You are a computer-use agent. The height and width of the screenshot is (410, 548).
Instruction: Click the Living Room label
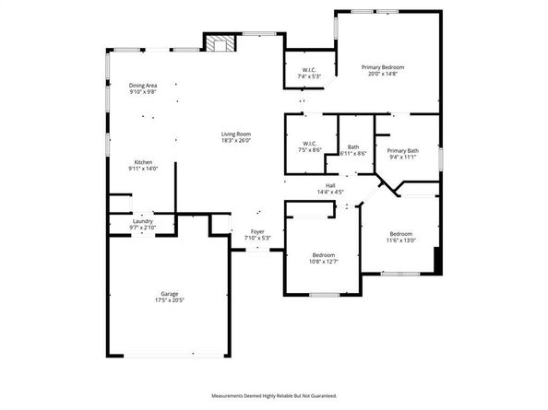coord(235,135)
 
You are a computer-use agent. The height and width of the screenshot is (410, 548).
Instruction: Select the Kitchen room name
coord(142,162)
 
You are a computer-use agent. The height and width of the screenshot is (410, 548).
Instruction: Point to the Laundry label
coord(142,220)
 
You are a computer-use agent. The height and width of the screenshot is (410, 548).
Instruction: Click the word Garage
coord(167,294)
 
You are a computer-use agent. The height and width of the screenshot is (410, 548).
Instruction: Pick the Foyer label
coord(257,232)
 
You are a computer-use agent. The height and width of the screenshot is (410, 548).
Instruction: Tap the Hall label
coord(329,185)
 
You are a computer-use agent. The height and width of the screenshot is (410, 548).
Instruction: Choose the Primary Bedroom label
coord(382,67)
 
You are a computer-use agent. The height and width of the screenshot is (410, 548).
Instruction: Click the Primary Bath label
coord(402,150)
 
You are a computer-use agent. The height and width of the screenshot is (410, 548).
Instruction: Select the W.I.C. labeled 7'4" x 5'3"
coord(309,70)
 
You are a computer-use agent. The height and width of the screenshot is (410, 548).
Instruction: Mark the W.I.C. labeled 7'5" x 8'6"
coord(309,143)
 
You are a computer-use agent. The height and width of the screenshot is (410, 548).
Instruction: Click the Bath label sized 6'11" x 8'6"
coord(353,147)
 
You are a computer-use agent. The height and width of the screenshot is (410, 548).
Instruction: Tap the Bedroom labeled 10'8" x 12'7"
coord(323,254)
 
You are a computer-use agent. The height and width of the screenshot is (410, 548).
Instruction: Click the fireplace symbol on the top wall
coord(219,44)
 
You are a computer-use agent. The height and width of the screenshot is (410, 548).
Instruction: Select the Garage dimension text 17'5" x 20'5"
coord(167,301)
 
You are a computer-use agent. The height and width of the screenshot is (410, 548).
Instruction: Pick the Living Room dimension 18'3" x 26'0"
coord(235,141)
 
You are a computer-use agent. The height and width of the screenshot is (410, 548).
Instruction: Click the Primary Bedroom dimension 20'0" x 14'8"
coord(382,75)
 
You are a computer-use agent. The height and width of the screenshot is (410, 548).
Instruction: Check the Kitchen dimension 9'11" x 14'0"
coord(142,169)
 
